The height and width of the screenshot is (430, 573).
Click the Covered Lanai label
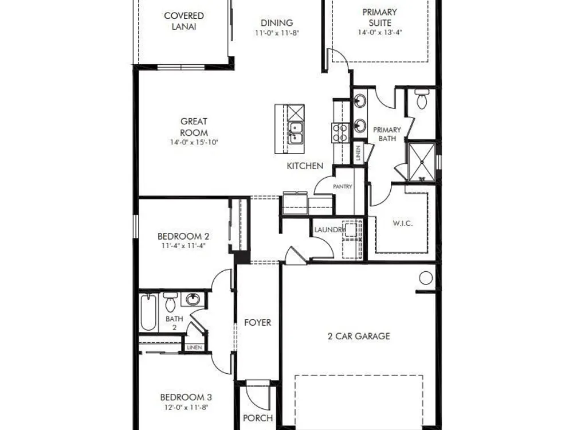point(184,21)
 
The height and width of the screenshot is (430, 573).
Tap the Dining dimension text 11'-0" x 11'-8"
point(277,33)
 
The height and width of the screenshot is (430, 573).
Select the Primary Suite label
point(380,17)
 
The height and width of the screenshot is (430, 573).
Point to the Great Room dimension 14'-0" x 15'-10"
point(194,142)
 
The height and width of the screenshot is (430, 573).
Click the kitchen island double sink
point(296,133)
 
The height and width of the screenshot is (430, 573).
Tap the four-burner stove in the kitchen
point(340,133)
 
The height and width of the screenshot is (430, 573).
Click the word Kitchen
point(305,166)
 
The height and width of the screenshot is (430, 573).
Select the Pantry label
point(343,186)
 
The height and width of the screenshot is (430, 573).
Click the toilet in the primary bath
point(422,99)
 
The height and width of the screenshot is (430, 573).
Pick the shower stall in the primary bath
point(422,162)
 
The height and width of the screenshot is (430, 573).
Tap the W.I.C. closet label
point(403,223)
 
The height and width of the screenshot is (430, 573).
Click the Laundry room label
point(329,230)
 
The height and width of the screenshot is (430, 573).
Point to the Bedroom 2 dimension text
point(183,246)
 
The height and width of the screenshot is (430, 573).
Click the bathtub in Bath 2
point(149,312)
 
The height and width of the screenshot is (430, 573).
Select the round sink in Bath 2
point(193,299)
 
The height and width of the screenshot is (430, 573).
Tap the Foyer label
point(258,322)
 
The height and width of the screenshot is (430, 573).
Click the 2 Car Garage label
point(359,336)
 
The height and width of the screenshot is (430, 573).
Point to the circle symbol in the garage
point(426,278)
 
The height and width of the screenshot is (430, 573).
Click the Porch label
point(258,418)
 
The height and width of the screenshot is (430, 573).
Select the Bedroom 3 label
point(186,397)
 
